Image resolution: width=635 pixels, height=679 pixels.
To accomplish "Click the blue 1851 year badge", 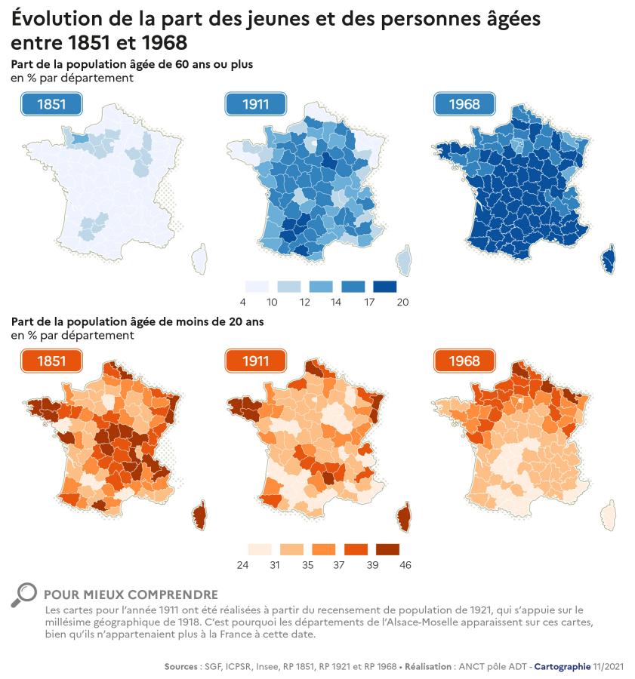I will coord(51,104).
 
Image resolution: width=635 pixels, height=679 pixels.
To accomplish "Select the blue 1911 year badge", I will coord(257,104).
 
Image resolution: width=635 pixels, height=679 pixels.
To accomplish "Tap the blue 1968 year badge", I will coord(464,104).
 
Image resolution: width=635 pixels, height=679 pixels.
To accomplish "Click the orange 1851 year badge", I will coord(51,361).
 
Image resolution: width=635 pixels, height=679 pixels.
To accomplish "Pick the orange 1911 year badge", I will coord(257,361).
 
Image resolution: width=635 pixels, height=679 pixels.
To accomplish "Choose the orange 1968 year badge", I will coord(464,361).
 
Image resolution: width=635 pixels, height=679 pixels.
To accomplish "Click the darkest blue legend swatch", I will coord(384,287).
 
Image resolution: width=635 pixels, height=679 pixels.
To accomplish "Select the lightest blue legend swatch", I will coord(257,287).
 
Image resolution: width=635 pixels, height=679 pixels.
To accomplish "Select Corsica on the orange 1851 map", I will coord(201,517).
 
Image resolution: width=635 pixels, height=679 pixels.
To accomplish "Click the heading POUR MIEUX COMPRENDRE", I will coord(131,595).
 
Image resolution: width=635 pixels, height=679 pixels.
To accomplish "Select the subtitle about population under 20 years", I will coord(137,321).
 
